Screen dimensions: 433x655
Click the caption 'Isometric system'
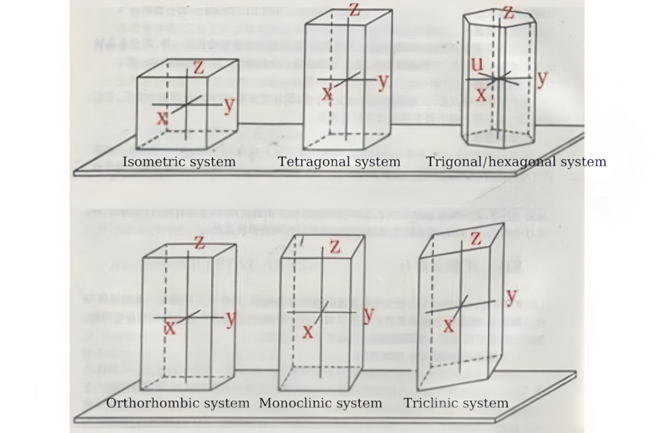[x=178, y=162]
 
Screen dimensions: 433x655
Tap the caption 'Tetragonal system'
[x=339, y=162]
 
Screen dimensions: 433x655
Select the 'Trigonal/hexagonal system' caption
[x=516, y=162]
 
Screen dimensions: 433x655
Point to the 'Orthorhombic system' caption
[x=178, y=403]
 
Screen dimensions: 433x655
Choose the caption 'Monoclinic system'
[x=320, y=403]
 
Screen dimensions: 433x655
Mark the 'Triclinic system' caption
[x=456, y=403]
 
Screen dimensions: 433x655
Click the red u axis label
[x=477, y=64]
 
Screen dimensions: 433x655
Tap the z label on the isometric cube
[x=198, y=67]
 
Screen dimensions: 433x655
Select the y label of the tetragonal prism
[x=383, y=81]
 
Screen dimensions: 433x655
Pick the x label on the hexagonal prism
[x=481, y=93]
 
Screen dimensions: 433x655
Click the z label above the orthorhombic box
[x=199, y=242]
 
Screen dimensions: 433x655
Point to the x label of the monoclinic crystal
[x=308, y=331]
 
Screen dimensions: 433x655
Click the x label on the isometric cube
[x=162, y=117]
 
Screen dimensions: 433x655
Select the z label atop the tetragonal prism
[x=354, y=10]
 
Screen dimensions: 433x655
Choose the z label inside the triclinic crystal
[x=475, y=239]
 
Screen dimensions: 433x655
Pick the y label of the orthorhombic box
[x=231, y=318]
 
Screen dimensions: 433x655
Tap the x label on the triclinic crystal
[x=448, y=326]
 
